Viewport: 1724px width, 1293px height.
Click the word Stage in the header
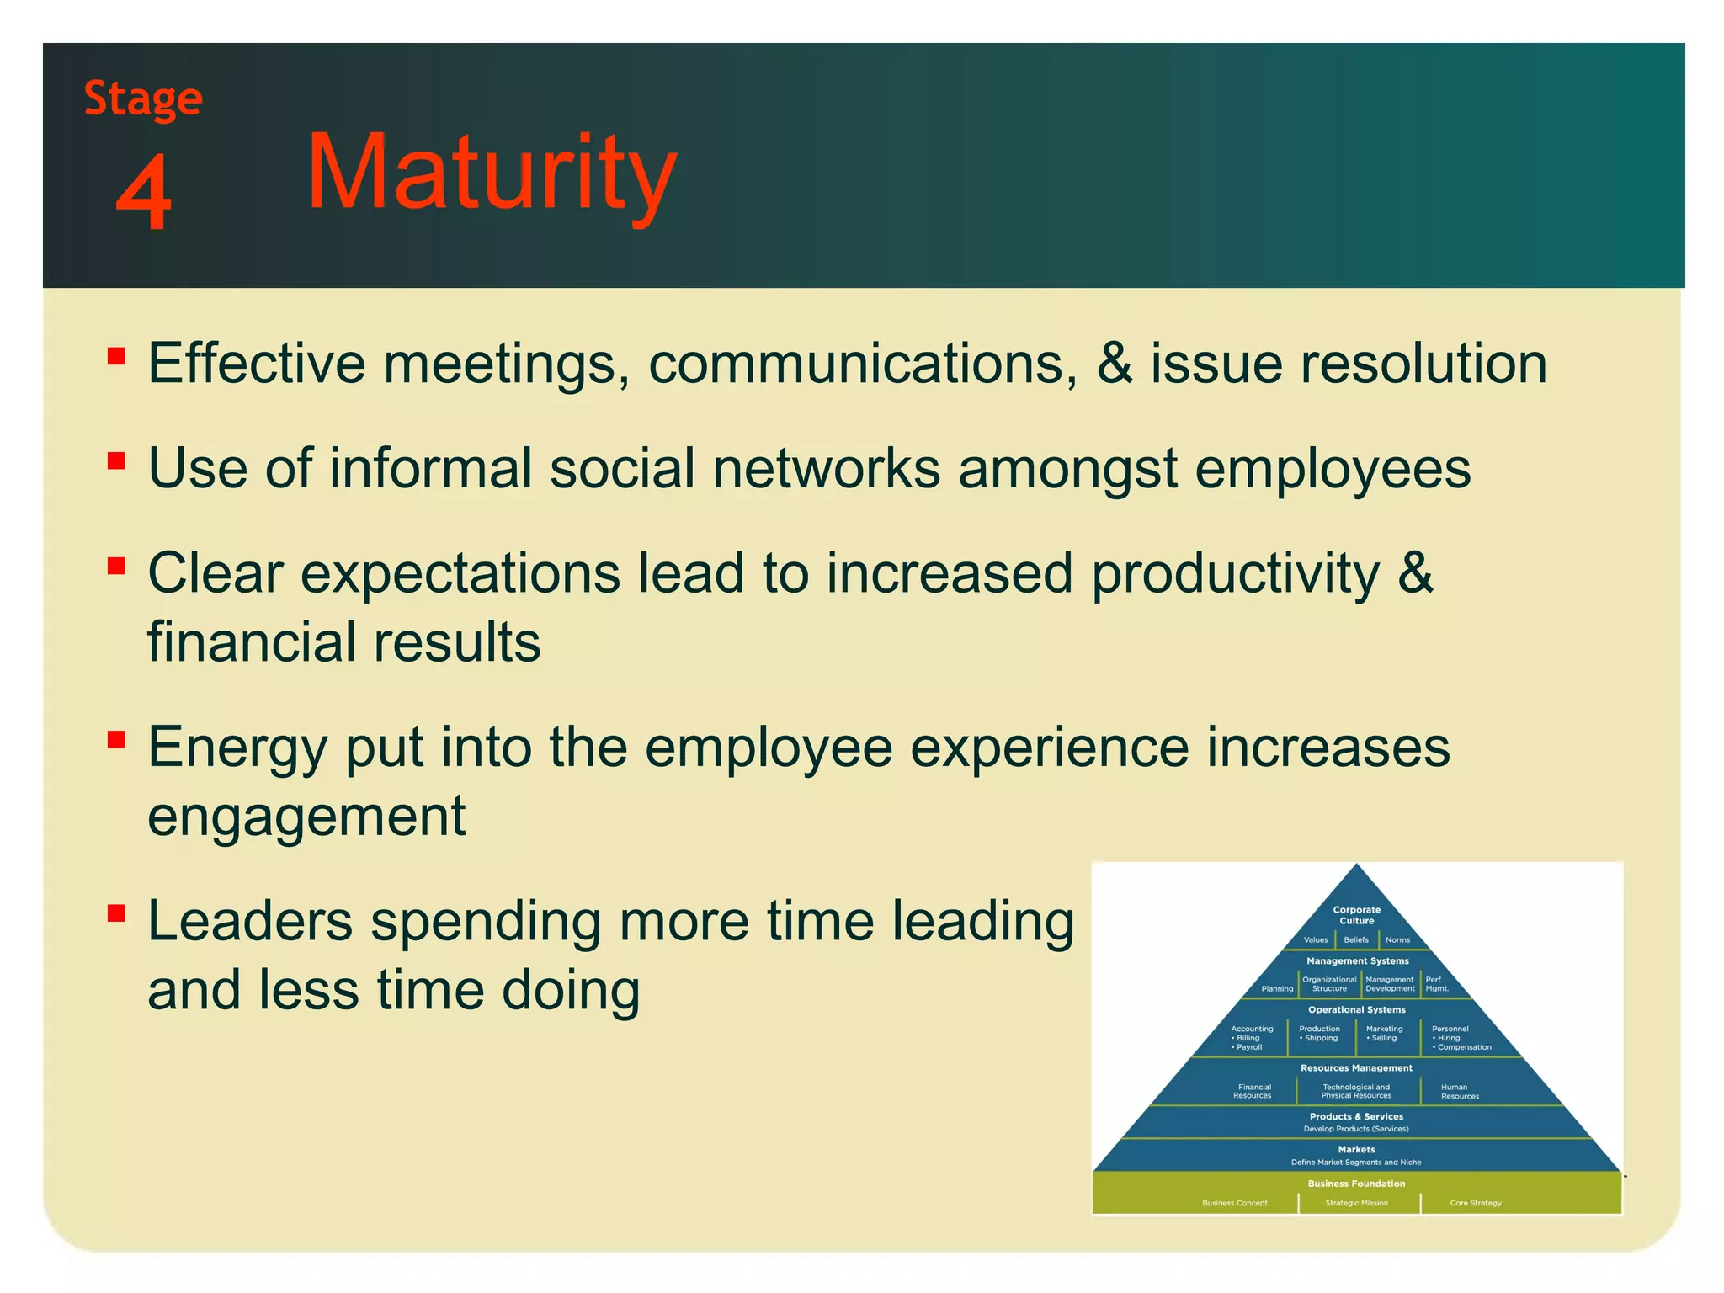(143, 99)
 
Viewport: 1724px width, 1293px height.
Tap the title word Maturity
(492, 173)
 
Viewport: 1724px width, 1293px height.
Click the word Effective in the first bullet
(256, 364)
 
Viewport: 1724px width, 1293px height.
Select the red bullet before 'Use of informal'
(116, 460)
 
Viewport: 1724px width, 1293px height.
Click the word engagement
(306, 816)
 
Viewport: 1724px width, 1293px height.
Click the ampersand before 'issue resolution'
(1114, 364)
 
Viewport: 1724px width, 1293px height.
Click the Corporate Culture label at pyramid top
(1356, 915)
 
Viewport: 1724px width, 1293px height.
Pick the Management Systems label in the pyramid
(1357, 960)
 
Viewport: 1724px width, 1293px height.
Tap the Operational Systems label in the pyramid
(1356, 1009)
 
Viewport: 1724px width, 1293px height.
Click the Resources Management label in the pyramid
(1356, 1068)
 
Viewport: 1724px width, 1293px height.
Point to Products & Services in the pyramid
(1356, 1116)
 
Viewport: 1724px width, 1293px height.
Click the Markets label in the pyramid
(1356, 1149)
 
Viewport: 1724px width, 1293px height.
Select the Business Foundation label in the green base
(1356, 1184)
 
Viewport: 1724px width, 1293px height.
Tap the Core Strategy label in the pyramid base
(1475, 1203)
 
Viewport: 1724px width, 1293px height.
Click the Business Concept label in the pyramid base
(1234, 1203)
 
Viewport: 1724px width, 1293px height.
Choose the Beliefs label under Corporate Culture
(1355, 939)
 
